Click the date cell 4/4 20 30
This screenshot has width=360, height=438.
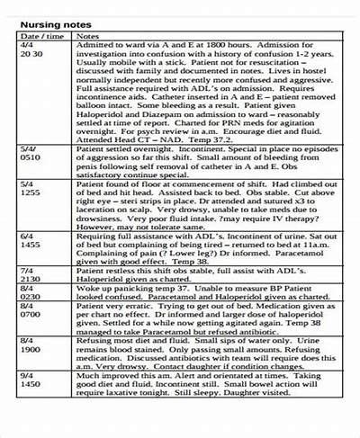click(x=29, y=50)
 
